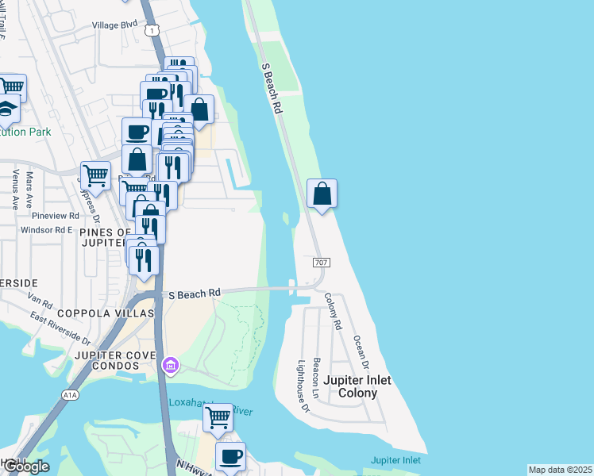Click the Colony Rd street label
(333, 311)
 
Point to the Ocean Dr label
(361, 351)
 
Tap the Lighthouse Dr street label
(303, 386)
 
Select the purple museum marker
(170, 366)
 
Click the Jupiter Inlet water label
(395, 460)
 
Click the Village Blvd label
(114, 25)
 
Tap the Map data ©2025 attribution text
(560, 470)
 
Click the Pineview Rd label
(56, 215)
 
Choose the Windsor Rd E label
(47, 229)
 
